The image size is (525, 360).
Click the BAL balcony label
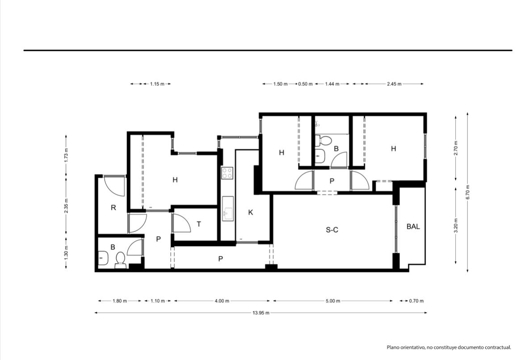(413, 226)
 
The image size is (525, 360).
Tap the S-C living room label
(332, 230)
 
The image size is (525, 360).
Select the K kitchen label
(251, 213)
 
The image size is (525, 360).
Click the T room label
(199, 224)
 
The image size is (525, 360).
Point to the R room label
(113, 208)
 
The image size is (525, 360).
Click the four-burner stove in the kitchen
(227, 173)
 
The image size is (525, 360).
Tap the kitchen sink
(228, 209)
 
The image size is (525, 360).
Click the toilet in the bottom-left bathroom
(120, 261)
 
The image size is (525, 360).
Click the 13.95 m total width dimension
(260, 313)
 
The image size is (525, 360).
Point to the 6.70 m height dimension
(468, 193)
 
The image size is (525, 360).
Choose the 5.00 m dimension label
(333, 301)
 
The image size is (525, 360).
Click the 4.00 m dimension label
(222, 301)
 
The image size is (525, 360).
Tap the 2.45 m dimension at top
(394, 84)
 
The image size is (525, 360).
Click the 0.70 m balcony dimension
(416, 301)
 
